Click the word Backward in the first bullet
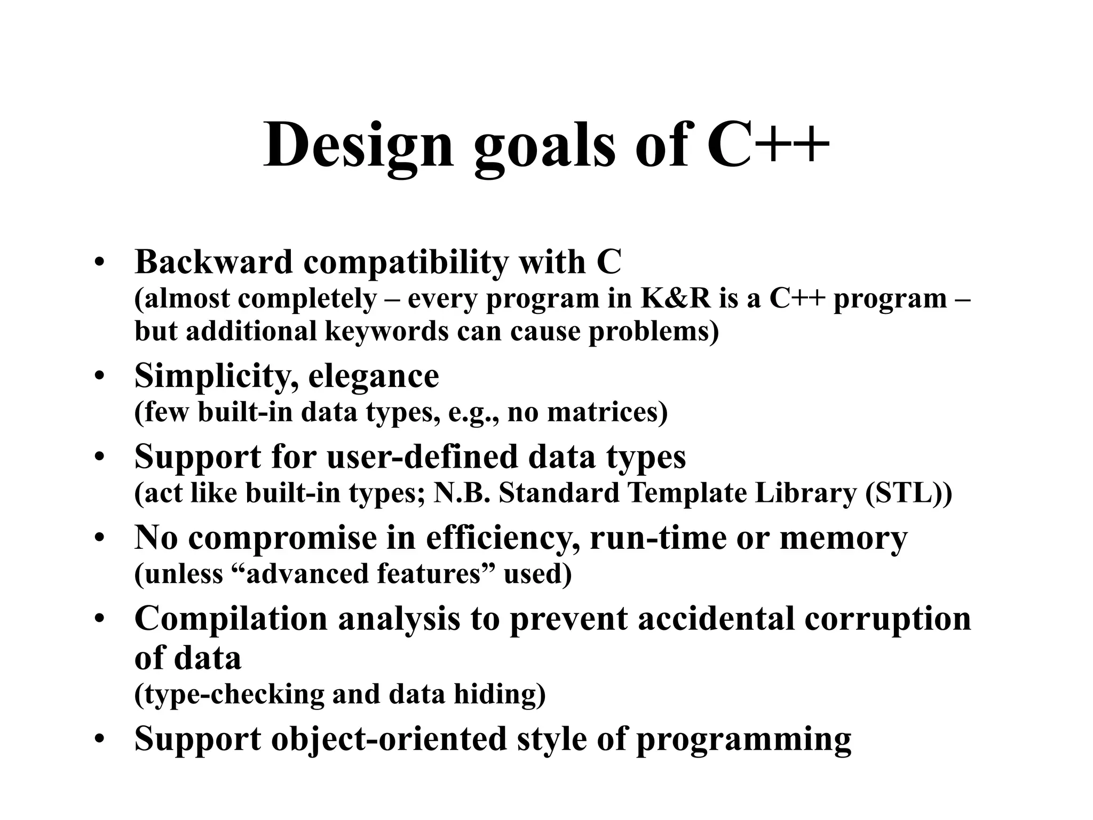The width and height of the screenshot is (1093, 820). point(213,262)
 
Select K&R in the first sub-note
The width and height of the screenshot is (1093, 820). point(675,298)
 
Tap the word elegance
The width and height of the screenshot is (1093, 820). point(374,377)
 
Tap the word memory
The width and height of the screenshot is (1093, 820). point(843,538)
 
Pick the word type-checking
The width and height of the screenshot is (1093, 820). point(229,695)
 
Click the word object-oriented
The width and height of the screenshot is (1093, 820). point(389,739)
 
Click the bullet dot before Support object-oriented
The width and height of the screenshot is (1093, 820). point(99,740)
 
